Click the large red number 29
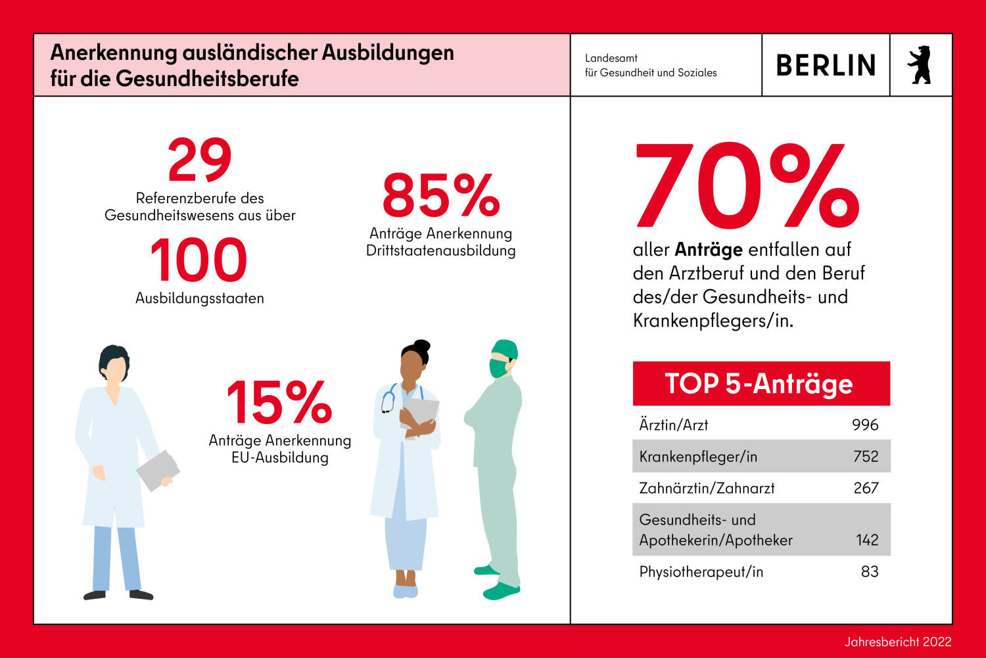click(x=199, y=160)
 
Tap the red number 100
click(x=199, y=260)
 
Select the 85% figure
click(x=441, y=195)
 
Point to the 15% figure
click(x=279, y=402)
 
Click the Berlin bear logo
click(x=920, y=65)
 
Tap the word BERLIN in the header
click(x=826, y=66)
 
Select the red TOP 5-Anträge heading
click(x=761, y=383)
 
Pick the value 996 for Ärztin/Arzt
click(x=865, y=425)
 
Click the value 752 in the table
click(x=866, y=456)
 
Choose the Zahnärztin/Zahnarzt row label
click(x=707, y=488)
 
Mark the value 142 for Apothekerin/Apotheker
click(x=867, y=540)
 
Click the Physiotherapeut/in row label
click(x=701, y=571)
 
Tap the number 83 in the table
click(x=870, y=571)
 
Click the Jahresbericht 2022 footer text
click(x=898, y=642)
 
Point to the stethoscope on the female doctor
click(x=388, y=400)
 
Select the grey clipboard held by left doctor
click(x=157, y=470)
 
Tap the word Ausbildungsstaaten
click(x=200, y=298)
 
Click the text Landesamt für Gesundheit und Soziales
click(x=651, y=65)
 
